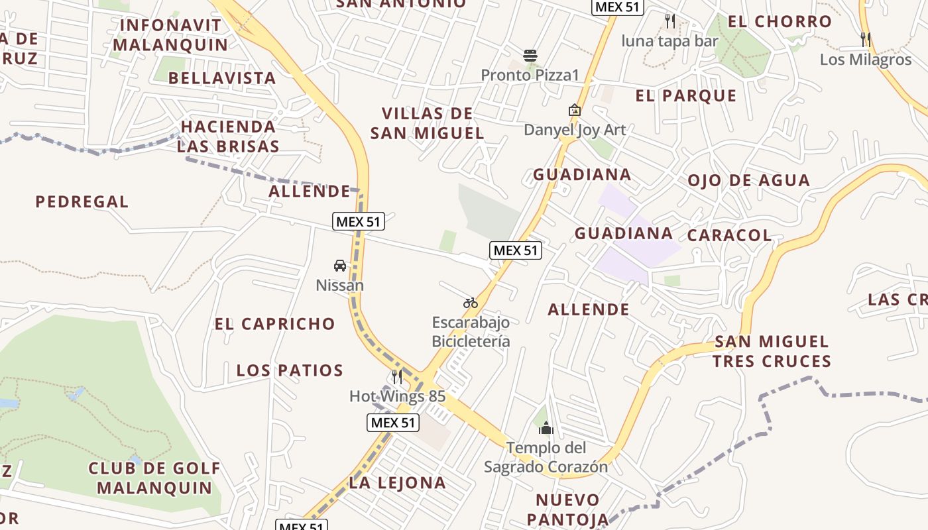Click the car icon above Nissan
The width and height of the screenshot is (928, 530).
tap(340, 266)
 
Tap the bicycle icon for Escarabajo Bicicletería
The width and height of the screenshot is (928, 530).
tap(471, 303)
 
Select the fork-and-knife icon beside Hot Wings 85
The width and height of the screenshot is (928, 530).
tap(397, 377)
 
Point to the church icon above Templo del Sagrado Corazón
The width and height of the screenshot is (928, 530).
tap(546, 428)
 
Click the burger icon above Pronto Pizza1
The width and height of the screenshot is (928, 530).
tap(530, 55)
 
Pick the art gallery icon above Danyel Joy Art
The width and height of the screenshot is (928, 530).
tap(575, 110)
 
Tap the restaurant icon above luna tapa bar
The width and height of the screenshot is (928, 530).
tap(670, 21)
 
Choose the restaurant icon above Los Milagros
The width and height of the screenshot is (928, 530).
tap(866, 39)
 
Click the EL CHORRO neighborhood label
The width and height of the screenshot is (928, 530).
tap(780, 21)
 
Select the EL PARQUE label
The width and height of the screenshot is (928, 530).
tap(686, 96)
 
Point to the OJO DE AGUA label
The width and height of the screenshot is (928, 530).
tap(748, 180)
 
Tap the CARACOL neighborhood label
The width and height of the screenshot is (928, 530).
tap(729, 235)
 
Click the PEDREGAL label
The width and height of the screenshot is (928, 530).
tap(82, 201)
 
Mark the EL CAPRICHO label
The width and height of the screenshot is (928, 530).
tap(274, 324)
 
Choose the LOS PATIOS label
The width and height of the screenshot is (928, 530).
tap(290, 370)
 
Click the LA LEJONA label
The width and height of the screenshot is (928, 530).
tap(397, 483)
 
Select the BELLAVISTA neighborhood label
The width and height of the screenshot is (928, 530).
tap(222, 78)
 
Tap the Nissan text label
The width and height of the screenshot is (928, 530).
tap(339, 286)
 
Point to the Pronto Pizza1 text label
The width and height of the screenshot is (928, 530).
tap(530, 75)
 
